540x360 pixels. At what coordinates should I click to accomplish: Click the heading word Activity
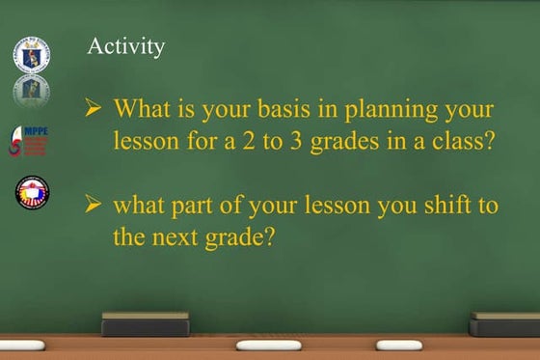coord(125,46)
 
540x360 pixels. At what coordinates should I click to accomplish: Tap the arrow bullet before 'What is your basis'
coord(94,109)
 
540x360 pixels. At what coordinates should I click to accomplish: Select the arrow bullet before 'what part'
coord(94,205)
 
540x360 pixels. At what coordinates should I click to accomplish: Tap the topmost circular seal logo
coord(31,54)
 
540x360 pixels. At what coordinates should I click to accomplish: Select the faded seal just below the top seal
coord(31,90)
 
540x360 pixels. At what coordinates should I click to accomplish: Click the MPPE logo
coord(29,141)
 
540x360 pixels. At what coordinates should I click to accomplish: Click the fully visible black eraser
coord(146,323)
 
